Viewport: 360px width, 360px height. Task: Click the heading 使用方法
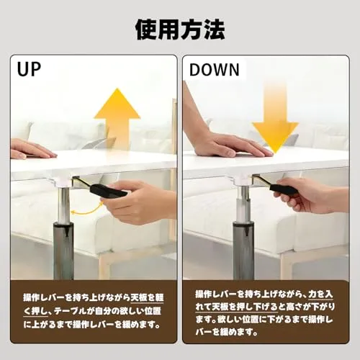(180, 30)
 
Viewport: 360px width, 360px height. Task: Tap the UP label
(29, 69)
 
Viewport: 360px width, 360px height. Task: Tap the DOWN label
(215, 70)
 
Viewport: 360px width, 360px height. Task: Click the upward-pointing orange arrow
(117, 115)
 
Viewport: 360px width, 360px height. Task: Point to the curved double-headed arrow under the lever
(87, 210)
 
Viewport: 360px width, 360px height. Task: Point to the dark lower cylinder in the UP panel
(63, 251)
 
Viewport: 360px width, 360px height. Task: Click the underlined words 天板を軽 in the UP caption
(147, 297)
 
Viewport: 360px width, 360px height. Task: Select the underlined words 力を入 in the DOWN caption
(320, 294)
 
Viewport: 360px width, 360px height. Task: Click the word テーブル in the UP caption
(70, 311)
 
